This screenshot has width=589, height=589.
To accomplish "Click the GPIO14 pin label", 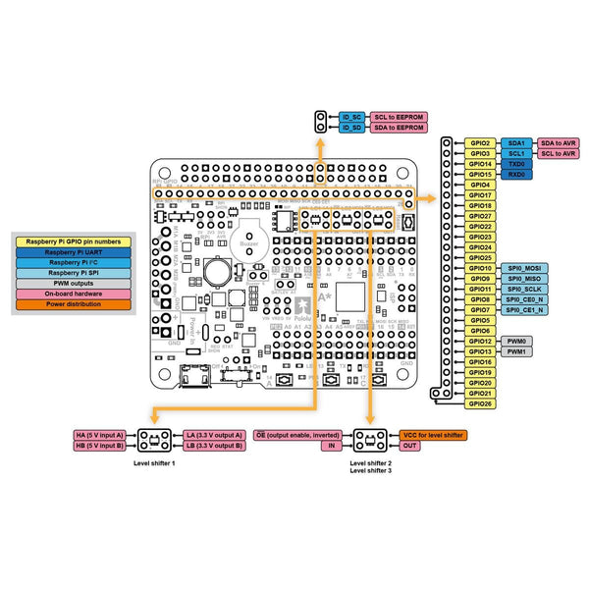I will [x=480, y=164].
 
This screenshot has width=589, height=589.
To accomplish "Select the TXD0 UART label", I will [x=516, y=164].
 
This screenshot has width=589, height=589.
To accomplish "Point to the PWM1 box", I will [x=516, y=351].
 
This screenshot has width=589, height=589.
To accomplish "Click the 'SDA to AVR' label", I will [x=559, y=143].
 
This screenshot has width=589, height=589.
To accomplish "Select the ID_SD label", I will [x=352, y=128].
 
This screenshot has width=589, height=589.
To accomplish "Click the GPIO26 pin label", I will [x=480, y=403].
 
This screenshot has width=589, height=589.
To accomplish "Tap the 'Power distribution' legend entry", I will [x=75, y=304].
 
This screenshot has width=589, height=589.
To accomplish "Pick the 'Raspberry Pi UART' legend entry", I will [x=75, y=252].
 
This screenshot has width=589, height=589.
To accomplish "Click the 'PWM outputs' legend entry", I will [x=75, y=283].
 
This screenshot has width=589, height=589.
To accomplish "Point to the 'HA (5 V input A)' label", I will [x=99, y=434].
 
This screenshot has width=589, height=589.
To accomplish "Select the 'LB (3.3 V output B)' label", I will [x=213, y=445].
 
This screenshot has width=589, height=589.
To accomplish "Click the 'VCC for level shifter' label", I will [x=433, y=434].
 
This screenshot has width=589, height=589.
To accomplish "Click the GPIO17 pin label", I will [x=480, y=195].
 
